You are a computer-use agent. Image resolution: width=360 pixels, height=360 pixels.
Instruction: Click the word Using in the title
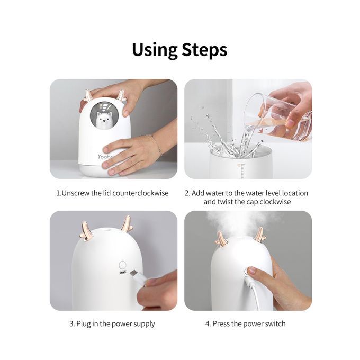click(x=155, y=50)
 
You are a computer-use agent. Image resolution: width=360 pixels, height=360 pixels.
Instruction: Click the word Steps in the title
click(x=204, y=50)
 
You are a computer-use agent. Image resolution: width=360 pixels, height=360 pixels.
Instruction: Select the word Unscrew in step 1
click(x=76, y=193)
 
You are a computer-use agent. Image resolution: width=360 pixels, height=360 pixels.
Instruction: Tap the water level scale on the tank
click(x=241, y=171)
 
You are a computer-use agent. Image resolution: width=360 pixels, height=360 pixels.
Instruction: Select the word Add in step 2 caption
click(x=199, y=193)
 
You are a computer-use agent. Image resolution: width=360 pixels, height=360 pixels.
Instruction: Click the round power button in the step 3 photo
click(x=123, y=265)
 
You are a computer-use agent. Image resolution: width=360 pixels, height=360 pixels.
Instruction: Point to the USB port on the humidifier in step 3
click(x=123, y=273)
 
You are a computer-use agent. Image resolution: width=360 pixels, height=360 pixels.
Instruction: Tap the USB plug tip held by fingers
click(x=133, y=274)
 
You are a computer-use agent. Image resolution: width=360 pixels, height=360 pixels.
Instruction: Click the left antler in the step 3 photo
click(x=86, y=232)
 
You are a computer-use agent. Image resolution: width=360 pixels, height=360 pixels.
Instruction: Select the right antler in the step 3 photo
click(x=127, y=223)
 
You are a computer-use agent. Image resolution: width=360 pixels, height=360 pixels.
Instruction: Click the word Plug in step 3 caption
click(x=84, y=324)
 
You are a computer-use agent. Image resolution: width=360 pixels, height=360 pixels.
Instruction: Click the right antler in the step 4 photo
click(x=260, y=236)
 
